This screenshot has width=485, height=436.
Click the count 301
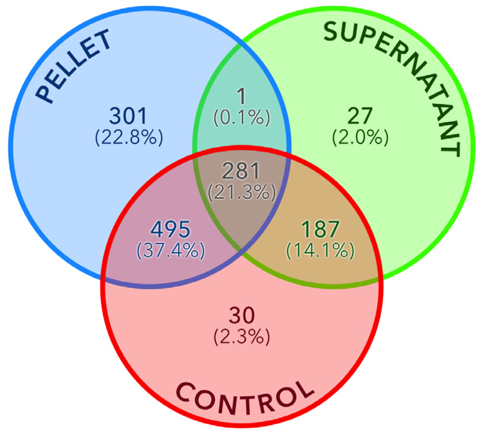pos(128,116)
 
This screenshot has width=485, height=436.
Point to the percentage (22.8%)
pos(129,137)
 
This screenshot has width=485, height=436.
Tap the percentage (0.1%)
pos(242,117)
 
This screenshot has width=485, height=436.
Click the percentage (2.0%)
pos(360,137)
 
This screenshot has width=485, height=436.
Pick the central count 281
pos(241,171)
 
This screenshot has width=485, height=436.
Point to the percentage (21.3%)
pos(242,192)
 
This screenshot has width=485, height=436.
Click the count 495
pos(170,229)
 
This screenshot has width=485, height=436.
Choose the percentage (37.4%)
pos(171,250)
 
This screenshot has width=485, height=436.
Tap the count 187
pos(320,229)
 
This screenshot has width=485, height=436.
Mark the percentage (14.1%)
pos(320,250)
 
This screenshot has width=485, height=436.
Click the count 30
pos(242,315)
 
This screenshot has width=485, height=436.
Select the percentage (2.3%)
pos(242,336)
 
